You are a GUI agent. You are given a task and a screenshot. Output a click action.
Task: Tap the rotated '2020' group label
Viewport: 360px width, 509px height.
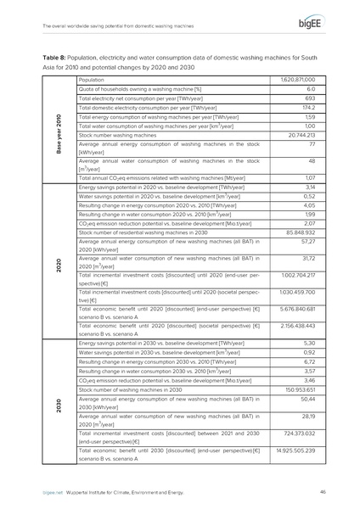57,262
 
